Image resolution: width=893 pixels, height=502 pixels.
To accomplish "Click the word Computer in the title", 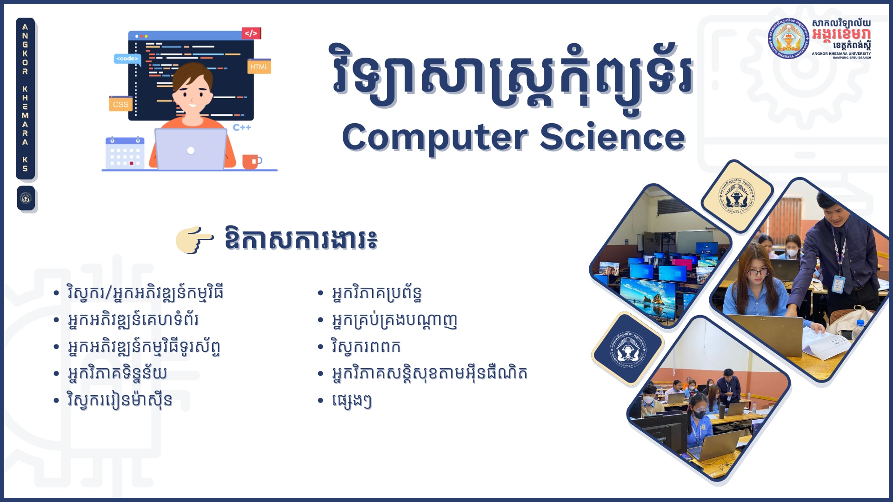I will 435,138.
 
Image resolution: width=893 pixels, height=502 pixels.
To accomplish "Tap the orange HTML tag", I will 259,67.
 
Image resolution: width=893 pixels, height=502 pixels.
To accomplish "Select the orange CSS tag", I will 120,105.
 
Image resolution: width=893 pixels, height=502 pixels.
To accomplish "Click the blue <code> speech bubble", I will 127,59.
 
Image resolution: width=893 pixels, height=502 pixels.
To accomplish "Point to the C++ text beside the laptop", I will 242,127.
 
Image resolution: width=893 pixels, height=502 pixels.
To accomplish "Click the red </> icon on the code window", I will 251,33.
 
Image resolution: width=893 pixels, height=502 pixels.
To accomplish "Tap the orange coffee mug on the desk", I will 251,161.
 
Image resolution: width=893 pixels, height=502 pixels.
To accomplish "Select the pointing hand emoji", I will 194,240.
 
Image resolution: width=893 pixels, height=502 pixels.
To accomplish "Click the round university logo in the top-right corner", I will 788,39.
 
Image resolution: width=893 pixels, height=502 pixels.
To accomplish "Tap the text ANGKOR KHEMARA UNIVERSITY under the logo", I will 841,53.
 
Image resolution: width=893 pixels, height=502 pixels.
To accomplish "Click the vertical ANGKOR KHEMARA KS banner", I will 25,98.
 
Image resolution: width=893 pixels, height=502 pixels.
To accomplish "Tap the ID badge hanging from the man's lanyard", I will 838,284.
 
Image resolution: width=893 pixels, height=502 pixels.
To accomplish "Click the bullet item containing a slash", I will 145,293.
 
